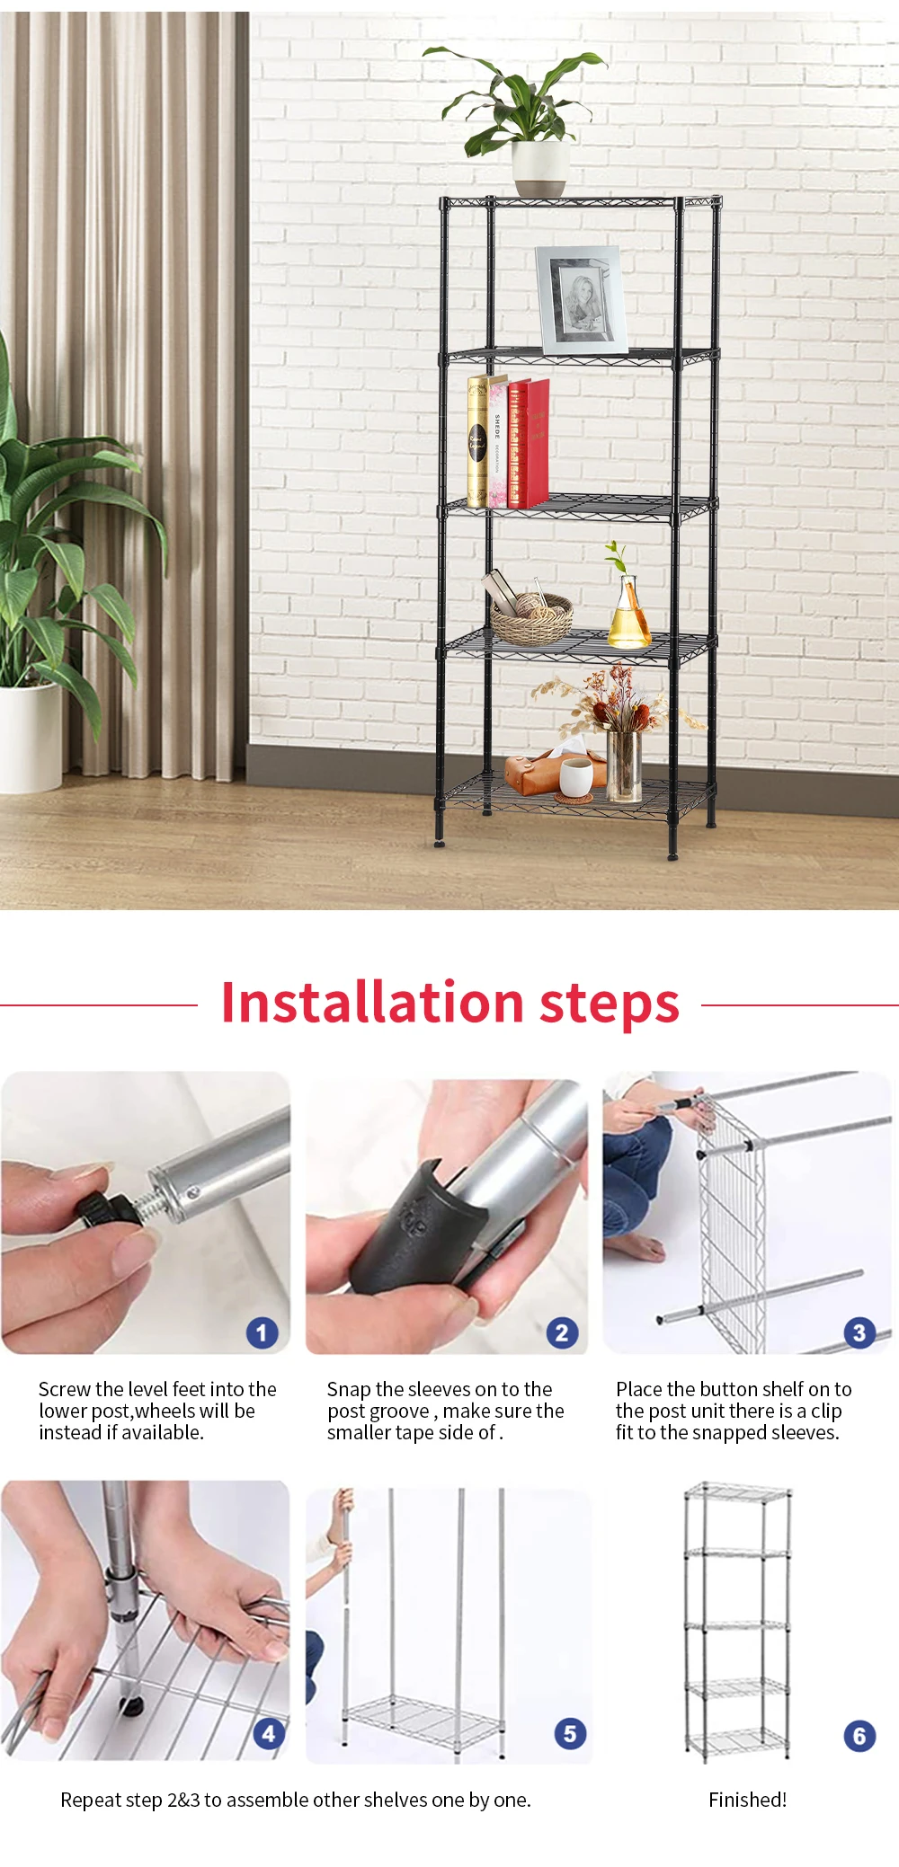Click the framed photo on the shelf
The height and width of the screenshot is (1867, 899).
(582, 299)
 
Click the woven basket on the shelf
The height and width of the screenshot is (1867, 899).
(531, 621)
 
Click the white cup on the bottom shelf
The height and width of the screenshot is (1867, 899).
(575, 775)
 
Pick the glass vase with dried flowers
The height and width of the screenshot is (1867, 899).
(623, 765)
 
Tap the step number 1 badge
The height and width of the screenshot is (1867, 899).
(262, 1332)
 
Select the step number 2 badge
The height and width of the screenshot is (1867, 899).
(562, 1332)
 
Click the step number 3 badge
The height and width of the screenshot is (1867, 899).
(859, 1332)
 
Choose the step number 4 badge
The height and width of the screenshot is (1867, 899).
(268, 1733)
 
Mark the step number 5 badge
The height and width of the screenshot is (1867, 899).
(570, 1733)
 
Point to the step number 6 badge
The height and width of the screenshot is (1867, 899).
(859, 1736)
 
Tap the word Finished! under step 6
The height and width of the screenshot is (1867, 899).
(747, 1800)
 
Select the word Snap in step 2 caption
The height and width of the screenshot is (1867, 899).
(348, 1389)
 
